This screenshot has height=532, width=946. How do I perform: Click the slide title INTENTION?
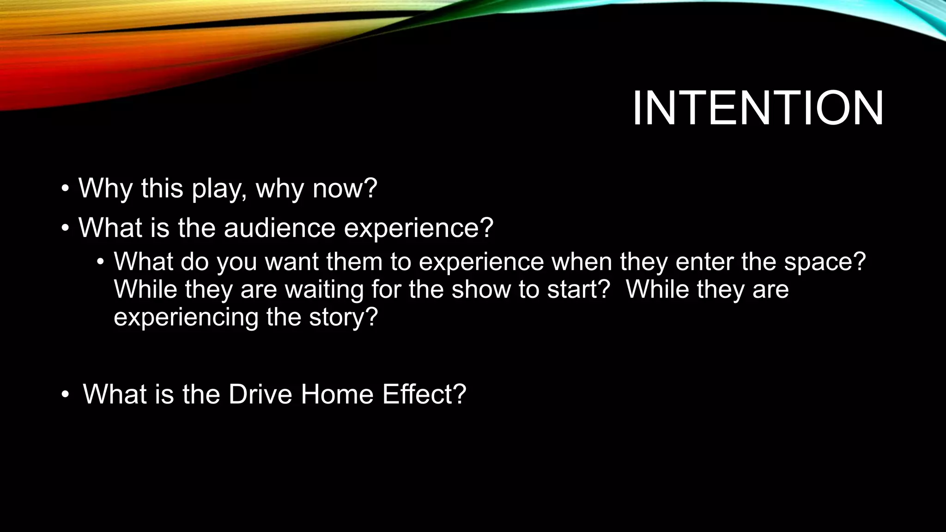pos(758,109)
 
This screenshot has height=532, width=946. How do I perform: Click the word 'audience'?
pos(279,228)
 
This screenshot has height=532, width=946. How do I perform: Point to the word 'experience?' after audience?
pos(418,229)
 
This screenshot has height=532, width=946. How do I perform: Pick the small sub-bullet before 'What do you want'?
pos(100,262)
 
